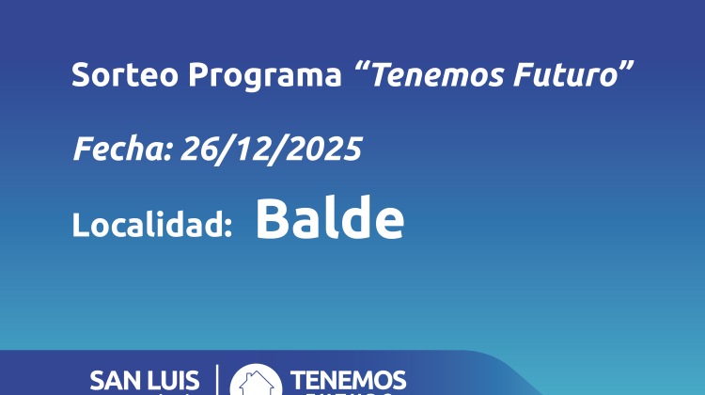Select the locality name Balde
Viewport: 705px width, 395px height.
tap(329, 219)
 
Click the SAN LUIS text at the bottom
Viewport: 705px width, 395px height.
tap(144, 381)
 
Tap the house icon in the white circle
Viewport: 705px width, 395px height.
tap(256, 381)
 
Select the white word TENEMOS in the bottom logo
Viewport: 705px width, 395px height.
tap(349, 380)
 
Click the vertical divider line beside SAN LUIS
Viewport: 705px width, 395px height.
tap(217, 380)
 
